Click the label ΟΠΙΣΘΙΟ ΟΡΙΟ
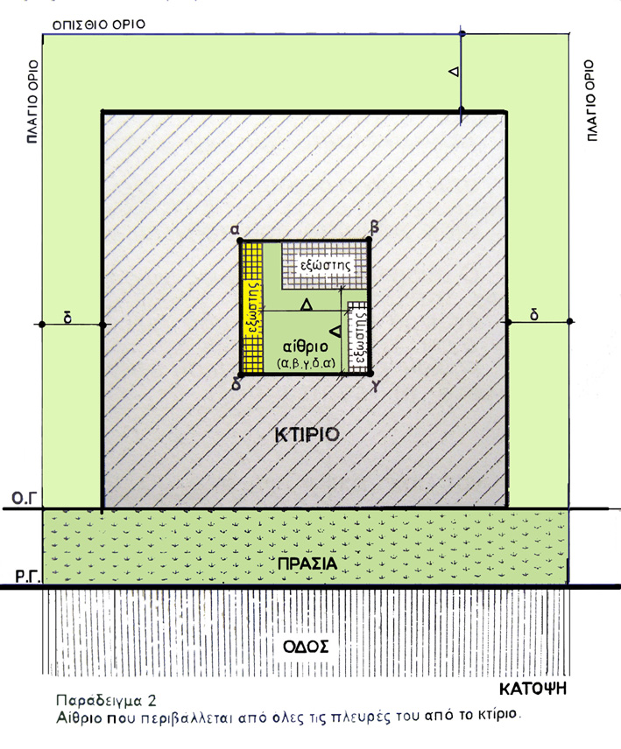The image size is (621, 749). point(98,24)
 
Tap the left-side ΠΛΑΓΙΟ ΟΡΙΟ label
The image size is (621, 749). point(32,101)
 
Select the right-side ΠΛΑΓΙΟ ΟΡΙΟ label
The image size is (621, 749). point(591,101)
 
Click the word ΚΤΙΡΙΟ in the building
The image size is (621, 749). point(307,435)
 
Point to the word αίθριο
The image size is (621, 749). point(306,346)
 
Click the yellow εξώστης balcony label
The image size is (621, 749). point(253,308)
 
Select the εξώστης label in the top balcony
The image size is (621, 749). point(325,264)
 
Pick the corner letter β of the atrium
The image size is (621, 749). point(374,228)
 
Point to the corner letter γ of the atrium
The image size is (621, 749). point(377,387)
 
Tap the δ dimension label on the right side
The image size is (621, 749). point(534,315)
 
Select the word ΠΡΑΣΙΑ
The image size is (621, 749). point(307,563)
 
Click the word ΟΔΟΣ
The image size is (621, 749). point(306,647)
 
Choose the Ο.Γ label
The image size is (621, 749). point(24,499)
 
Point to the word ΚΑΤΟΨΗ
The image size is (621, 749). point(533,689)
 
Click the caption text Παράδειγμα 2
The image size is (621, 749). point(106,701)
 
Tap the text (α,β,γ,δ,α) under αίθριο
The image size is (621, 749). point(306,363)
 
